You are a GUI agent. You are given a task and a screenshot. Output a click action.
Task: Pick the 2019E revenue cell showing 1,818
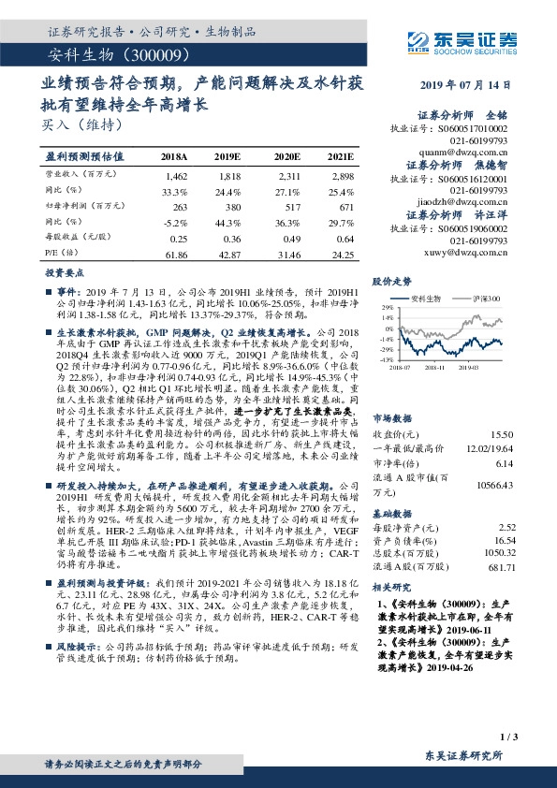tap(228, 175)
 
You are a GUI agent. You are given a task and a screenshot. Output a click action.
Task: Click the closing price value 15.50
tap(501, 409)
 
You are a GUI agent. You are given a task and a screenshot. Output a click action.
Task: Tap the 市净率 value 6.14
tap(503, 437)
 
